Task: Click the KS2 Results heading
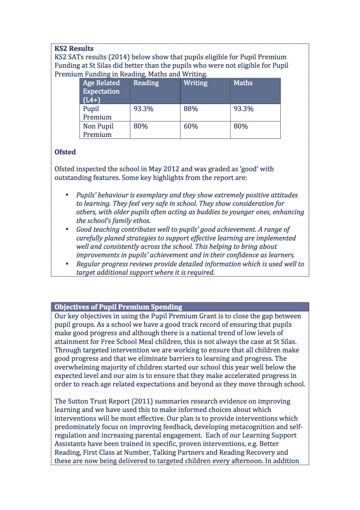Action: point(74,49)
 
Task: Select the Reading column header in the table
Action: point(146,83)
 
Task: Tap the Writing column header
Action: point(195,83)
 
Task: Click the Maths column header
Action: point(243,83)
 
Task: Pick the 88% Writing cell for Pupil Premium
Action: point(191,109)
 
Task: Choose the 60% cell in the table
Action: point(191,127)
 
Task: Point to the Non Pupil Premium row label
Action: point(98,130)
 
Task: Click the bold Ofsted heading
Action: point(65,152)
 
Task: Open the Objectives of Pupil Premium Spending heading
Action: point(118,307)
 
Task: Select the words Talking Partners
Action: point(194,453)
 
